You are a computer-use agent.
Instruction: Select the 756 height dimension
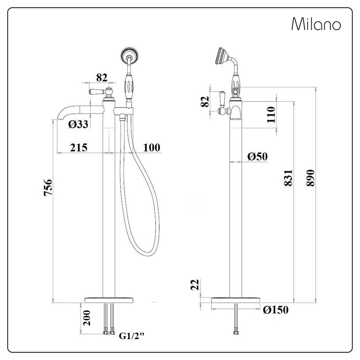point(48,187)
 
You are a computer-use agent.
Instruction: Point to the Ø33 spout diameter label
point(78,124)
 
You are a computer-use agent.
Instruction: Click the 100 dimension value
point(152,147)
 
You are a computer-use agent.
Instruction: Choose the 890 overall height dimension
point(311,177)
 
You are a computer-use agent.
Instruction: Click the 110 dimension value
point(271,114)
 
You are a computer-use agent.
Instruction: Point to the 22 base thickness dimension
point(195,285)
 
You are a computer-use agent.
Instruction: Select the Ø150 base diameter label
point(276,310)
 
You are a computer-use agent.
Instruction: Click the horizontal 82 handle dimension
point(102,77)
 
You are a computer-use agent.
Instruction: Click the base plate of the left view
point(109,300)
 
